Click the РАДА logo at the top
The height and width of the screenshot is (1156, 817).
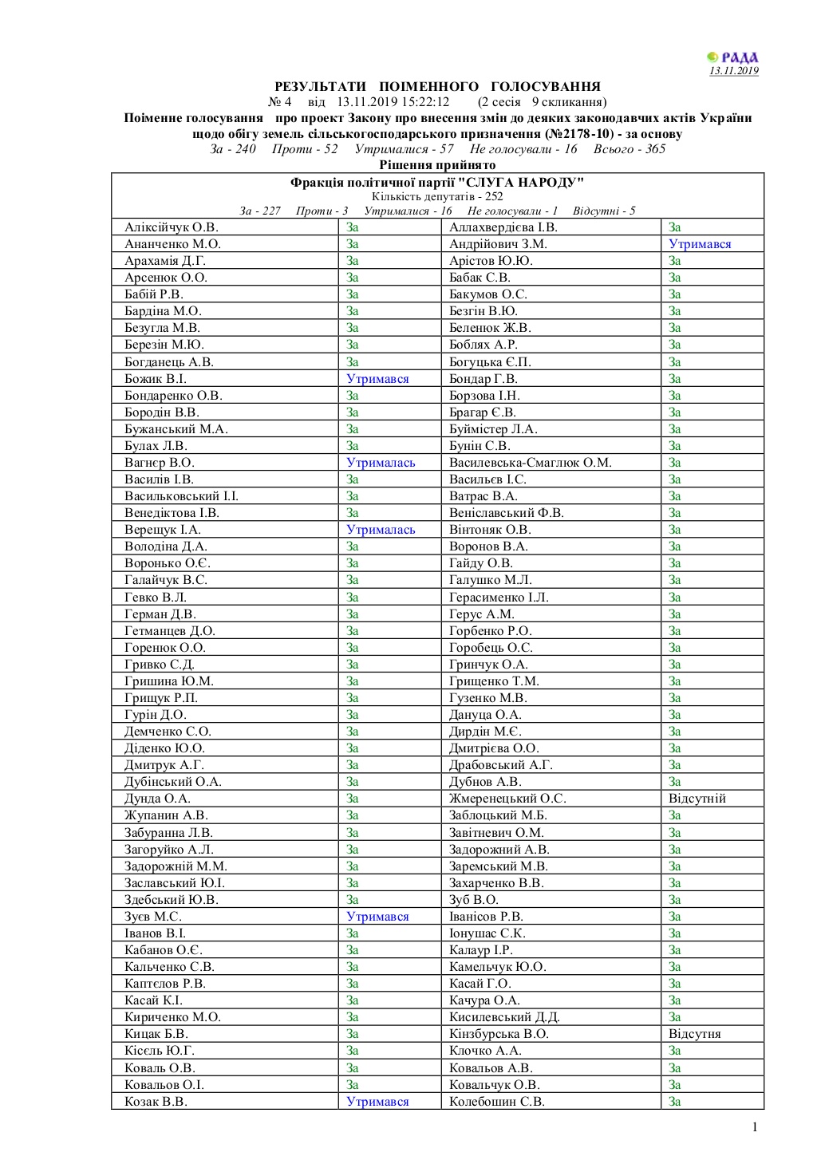tap(732, 57)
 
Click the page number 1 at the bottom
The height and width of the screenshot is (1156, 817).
tap(754, 1126)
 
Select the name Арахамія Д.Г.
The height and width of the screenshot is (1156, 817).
tap(165, 261)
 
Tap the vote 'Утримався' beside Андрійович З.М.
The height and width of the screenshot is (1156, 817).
tap(700, 244)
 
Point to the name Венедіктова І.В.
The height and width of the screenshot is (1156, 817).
tap(172, 513)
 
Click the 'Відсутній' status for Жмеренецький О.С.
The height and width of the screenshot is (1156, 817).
tap(697, 799)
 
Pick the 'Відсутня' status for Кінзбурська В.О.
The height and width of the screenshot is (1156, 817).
tap(694, 1034)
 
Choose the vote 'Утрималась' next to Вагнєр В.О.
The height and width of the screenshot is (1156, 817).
tap(381, 463)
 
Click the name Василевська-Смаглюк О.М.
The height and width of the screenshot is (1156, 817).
tap(530, 463)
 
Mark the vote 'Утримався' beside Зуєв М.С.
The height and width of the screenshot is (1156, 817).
tap(377, 917)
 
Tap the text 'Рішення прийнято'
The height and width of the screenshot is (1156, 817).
tap(437, 165)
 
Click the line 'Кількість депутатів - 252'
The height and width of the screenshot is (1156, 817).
tap(437, 196)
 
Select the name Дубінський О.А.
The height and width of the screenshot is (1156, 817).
tap(173, 782)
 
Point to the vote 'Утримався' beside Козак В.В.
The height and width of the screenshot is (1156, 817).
tap(377, 1102)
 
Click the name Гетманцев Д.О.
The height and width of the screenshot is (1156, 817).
tap(170, 631)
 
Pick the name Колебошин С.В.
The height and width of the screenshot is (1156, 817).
tap(497, 1102)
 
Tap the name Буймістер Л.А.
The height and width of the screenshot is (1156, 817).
tap(493, 429)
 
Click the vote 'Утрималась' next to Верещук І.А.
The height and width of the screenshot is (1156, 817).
tap(381, 530)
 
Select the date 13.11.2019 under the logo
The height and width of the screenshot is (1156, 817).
tap(734, 71)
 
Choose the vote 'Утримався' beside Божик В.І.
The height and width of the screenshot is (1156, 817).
tap(377, 379)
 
